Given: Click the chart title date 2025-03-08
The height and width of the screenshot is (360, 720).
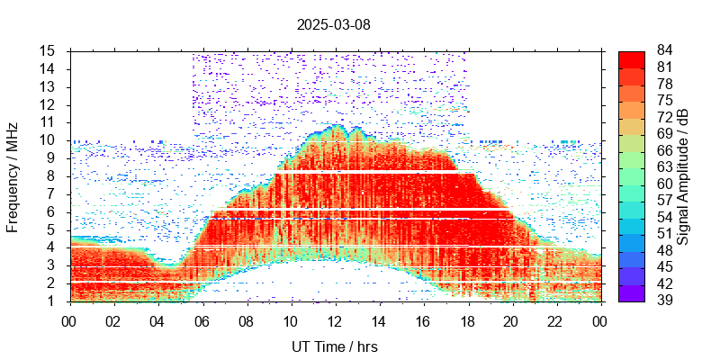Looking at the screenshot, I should pos(333,24).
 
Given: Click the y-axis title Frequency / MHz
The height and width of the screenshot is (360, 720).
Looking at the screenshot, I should pos(13,175).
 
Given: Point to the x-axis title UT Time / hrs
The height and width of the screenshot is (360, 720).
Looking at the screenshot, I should pos(335,346).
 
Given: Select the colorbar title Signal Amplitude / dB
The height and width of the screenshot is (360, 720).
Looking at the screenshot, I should pos(683,175).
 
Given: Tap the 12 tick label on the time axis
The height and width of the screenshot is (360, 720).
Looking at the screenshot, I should pos(335,319).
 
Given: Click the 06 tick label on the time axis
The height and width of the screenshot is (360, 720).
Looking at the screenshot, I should pos(202,319).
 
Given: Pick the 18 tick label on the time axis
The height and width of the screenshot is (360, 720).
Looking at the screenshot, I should pos(467,319).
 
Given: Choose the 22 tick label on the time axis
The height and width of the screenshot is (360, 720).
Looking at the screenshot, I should pos(556,319).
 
